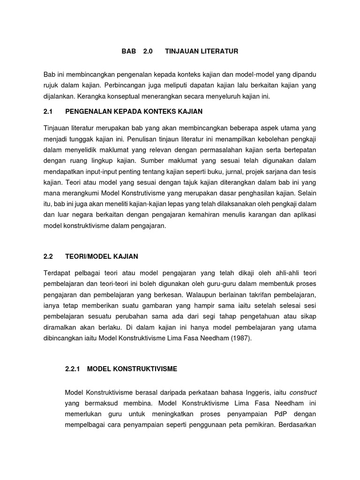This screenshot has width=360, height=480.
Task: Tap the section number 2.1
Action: (48, 111)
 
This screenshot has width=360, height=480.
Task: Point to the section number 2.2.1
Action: (74, 369)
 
